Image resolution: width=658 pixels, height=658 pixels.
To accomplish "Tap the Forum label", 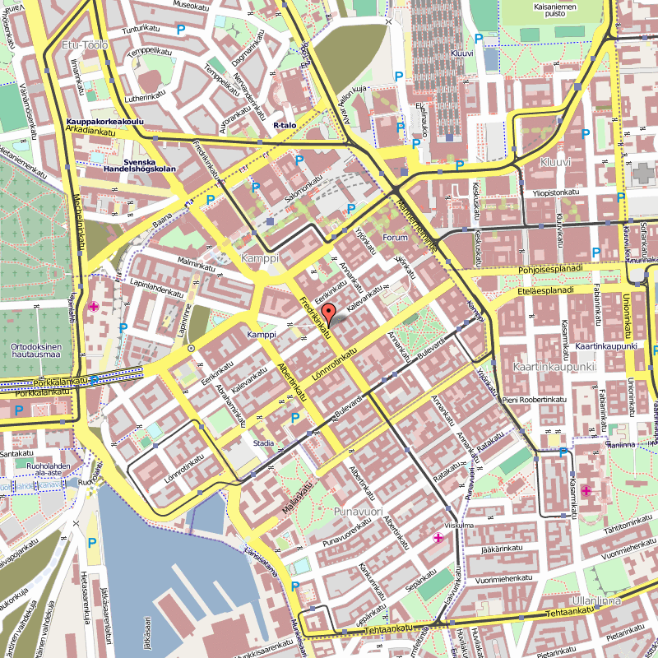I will pyautogui.click(x=396, y=238).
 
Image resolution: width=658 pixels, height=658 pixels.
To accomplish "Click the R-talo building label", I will pyautogui.click(x=284, y=125).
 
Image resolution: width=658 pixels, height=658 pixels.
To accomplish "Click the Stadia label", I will pyautogui.click(x=263, y=443).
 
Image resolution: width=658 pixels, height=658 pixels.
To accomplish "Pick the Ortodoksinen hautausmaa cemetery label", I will pyautogui.click(x=32, y=351).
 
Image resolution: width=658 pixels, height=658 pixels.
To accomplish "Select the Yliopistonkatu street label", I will pyautogui.click(x=552, y=192).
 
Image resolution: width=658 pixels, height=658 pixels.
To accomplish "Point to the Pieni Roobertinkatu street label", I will pyautogui.click(x=535, y=399).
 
